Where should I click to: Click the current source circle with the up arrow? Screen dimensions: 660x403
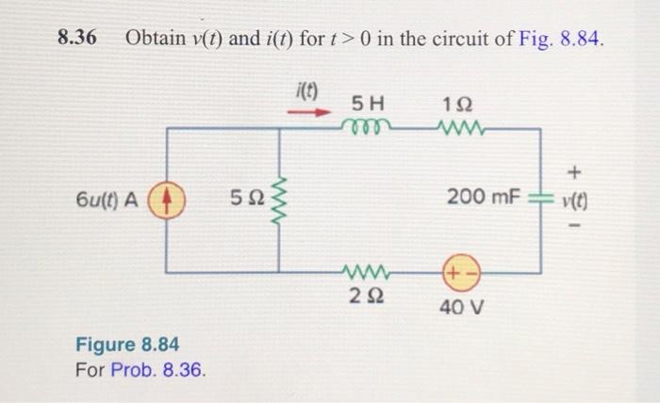point(166,200)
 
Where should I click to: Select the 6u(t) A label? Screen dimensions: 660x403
point(106,200)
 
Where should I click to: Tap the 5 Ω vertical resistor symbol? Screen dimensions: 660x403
point(278,200)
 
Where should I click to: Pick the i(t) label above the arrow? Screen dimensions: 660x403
point(307,92)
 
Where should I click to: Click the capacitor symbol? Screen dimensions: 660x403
point(540,198)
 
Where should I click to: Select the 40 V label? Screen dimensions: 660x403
point(462,307)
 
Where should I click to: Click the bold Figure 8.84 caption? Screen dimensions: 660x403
point(127,343)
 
